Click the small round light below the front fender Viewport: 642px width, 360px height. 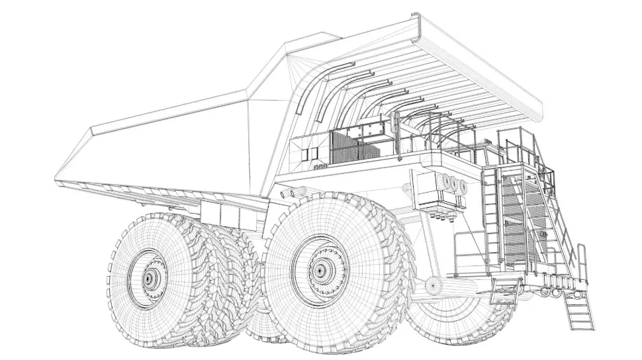pyautogui.click(x=434, y=285)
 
